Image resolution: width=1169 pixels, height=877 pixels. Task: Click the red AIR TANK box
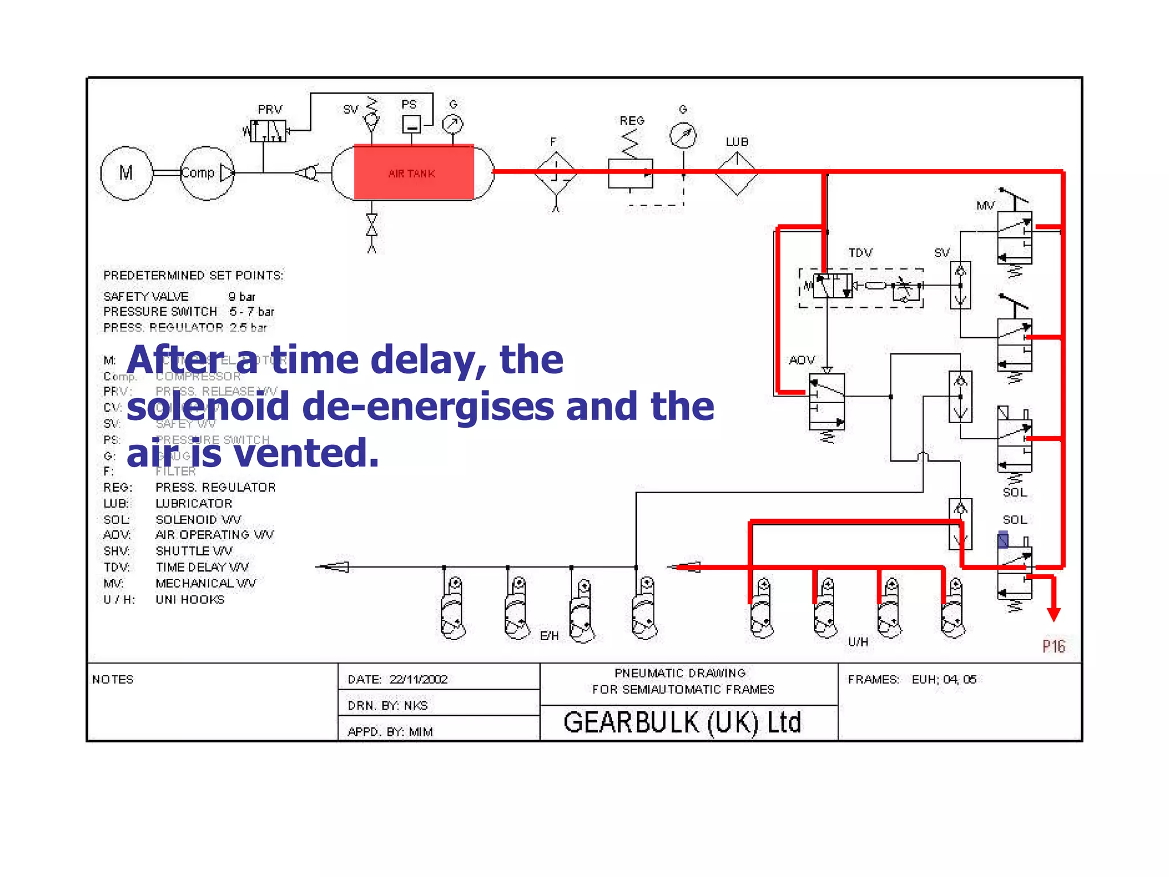pos(413,172)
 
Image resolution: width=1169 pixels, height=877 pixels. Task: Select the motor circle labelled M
pos(126,172)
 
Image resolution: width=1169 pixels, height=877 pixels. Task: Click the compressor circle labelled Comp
pos(206,172)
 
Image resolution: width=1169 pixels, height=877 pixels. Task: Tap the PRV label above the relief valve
pos(270,109)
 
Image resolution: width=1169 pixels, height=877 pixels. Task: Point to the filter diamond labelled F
pos(555,172)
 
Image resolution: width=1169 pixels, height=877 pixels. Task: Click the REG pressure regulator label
pos(632,120)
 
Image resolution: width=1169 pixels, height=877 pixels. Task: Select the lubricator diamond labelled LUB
pos(736,172)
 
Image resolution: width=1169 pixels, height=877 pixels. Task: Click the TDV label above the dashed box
pos(860,252)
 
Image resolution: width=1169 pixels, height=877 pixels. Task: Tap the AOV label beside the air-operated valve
pos(801,360)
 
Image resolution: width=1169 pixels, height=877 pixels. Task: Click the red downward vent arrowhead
pos(1054,614)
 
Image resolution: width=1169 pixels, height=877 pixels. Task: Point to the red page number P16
pos(1054,646)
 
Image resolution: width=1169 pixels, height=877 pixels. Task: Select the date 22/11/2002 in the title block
pos(418,679)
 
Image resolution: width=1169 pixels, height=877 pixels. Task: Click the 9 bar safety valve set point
pos(241,297)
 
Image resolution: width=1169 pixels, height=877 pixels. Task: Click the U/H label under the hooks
pos(858,642)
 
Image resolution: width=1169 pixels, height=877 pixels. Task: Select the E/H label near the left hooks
pos(549,635)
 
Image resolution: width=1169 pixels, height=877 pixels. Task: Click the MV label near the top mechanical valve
pos(985,206)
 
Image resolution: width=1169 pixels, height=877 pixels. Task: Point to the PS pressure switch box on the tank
pos(412,124)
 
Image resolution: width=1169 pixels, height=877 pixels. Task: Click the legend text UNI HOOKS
pos(190,600)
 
